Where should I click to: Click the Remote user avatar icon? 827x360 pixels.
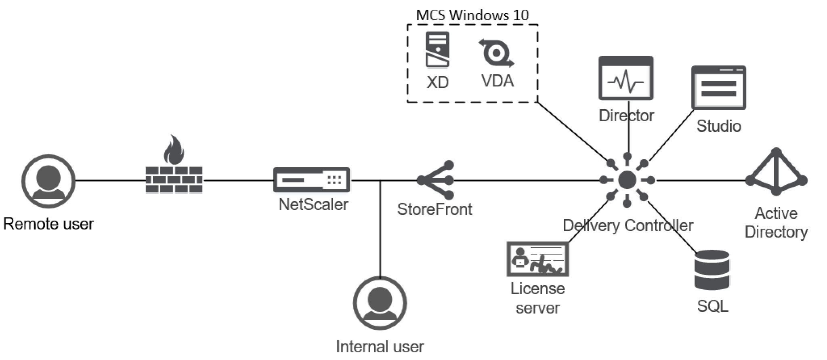tap(48, 181)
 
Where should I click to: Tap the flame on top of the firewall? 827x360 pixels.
tap(174, 150)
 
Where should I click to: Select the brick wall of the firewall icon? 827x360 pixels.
tap(174, 180)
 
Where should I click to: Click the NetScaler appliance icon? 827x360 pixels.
tap(311, 180)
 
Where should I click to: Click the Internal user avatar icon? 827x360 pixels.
tap(380, 303)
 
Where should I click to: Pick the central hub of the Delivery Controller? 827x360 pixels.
tap(627, 180)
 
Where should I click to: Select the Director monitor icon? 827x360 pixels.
tap(625, 78)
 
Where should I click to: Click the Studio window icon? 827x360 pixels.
tap(719, 88)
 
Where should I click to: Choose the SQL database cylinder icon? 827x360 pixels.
tap(712, 270)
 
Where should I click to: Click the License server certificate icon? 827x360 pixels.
tap(537, 259)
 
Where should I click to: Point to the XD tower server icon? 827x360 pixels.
tap(437, 50)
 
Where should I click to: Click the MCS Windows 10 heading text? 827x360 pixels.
tap(472, 15)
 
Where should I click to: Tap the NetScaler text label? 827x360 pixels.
tap(313, 204)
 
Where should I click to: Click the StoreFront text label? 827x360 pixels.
tap(434, 209)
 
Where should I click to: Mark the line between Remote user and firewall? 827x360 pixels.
tap(110, 181)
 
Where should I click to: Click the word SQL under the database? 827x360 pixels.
tap(713, 306)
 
